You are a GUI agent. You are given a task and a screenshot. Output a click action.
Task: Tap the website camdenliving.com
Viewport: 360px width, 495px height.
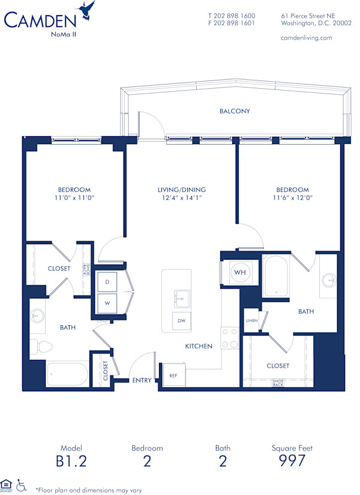(x=306, y=38)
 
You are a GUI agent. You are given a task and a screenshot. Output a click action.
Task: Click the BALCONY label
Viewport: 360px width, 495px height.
(x=235, y=111)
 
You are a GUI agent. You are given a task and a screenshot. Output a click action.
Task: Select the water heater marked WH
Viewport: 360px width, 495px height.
(x=240, y=272)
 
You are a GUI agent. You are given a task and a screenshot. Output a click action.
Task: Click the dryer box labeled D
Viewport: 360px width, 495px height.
(x=107, y=281)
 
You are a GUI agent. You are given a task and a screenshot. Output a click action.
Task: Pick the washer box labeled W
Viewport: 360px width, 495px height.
(x=107, y=303)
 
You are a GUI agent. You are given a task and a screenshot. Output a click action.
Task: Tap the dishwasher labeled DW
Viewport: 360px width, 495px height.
(x=182, y=322)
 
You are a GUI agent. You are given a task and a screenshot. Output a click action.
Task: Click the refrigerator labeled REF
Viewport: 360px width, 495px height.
(x=173, y=375)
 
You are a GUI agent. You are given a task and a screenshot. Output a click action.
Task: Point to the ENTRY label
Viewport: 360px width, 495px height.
(x=142, y=380)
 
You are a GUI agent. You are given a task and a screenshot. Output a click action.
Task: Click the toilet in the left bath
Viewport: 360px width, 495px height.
(x=37, y=346)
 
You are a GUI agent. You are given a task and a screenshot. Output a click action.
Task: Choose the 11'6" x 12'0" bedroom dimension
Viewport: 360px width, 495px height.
(x=293, y=197)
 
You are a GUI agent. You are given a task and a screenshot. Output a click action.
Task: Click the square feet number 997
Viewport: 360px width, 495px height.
(x=293, y=461)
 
